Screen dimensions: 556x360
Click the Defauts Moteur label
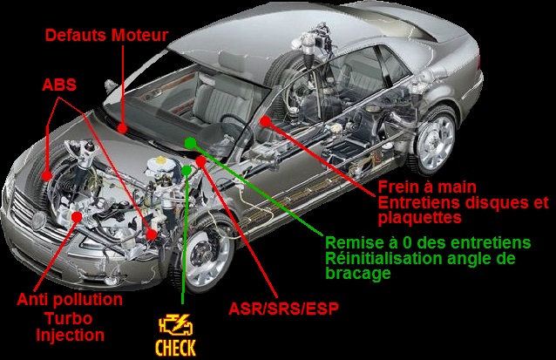[106, 36]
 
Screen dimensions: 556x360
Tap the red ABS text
[59, 85]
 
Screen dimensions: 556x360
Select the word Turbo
[69, 318]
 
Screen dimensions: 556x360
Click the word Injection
[71, 336]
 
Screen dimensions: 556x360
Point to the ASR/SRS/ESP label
[284, 309]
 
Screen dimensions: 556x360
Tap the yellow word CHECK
[175, 348]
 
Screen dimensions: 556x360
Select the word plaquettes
[420, 217]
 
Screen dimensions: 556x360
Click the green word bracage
[358, 273]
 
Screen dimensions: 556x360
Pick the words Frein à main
[427, 187]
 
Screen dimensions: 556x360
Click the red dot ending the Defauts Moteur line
[122, 128]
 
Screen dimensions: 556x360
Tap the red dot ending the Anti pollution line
[77, 216]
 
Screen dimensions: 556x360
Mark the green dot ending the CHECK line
[186, 171]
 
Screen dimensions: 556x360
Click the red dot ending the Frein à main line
[265, 121]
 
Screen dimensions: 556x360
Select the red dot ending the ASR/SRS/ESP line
[201, 162]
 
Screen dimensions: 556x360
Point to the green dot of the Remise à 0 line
[190, 143]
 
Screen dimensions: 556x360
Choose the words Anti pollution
[70, 300]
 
